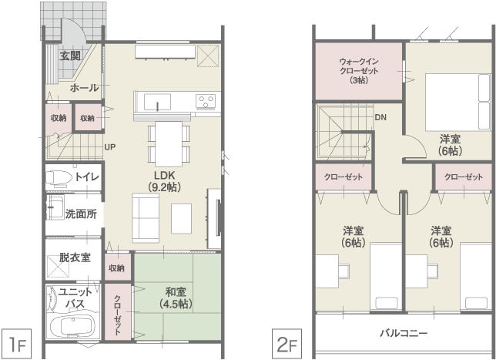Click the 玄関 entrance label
tap(70, 56)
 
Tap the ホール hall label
tap(84, 88)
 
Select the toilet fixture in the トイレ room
tap(59, 177)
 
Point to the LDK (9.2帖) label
tap(165, 181)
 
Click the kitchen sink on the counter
tap(158, 102)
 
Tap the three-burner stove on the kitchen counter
tap(206, 101)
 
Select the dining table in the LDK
tap(169, 143)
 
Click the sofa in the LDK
tap(146, 218)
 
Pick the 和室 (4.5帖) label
tap(176, 298)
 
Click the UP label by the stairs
tap(110, 147)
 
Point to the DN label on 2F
tap(380, 117)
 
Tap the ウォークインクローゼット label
tap(359, 71)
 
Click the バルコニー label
tap(404, 333)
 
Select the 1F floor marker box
tap(16, 344)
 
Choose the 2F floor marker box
tap(287, 344)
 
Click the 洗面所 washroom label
tap(81, 214)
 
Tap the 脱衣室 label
tap(75, 257)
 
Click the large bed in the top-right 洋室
tap(458, 103)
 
